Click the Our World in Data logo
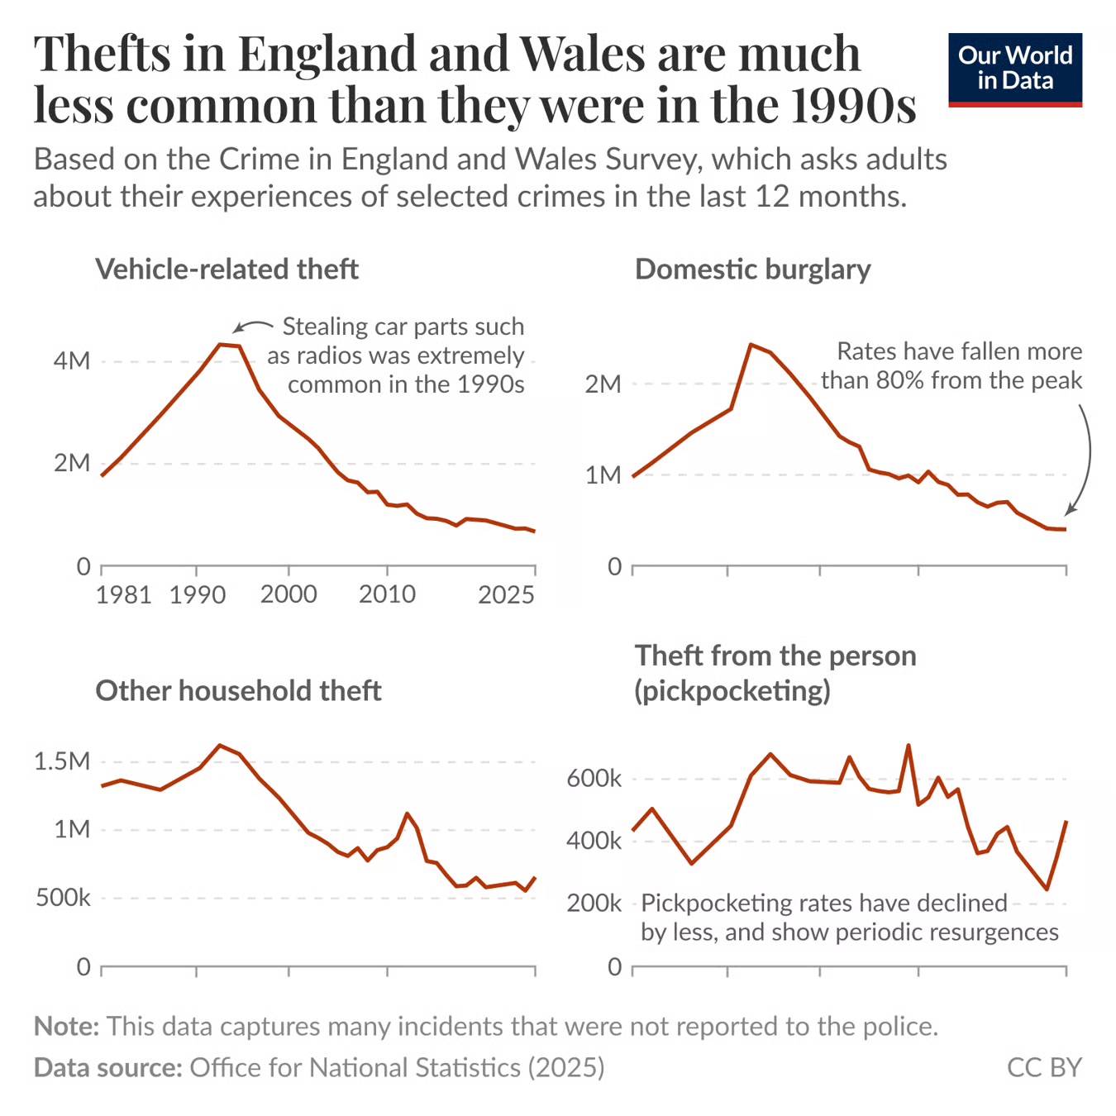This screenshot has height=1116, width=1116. (1014, 69)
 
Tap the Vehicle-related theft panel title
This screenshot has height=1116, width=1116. (227, 269)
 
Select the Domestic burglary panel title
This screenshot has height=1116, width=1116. (752, 269)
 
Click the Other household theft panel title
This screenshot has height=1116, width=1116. (238, 690)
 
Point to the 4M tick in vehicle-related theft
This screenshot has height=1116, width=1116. (71, 361)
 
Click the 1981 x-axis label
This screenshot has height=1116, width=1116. (123, 594)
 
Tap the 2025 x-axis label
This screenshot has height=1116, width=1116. (506, 594)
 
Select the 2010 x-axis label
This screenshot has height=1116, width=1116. (387, 594)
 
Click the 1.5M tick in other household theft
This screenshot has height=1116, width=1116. (62, 761)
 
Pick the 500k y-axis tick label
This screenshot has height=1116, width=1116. (63, 898)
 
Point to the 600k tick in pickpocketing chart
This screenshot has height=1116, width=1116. (594, 779)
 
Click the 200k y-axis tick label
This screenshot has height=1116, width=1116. (594, 903)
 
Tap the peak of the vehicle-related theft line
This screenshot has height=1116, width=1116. (220, 344)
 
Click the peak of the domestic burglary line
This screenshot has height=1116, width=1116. (750, 344)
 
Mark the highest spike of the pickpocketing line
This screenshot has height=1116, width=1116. (909, 745)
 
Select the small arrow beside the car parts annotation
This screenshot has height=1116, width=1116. (251, 326)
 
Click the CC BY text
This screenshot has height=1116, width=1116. (1043, 1067)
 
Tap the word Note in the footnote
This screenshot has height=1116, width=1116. (66, 1026)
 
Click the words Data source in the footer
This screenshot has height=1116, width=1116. (107, 1067)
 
